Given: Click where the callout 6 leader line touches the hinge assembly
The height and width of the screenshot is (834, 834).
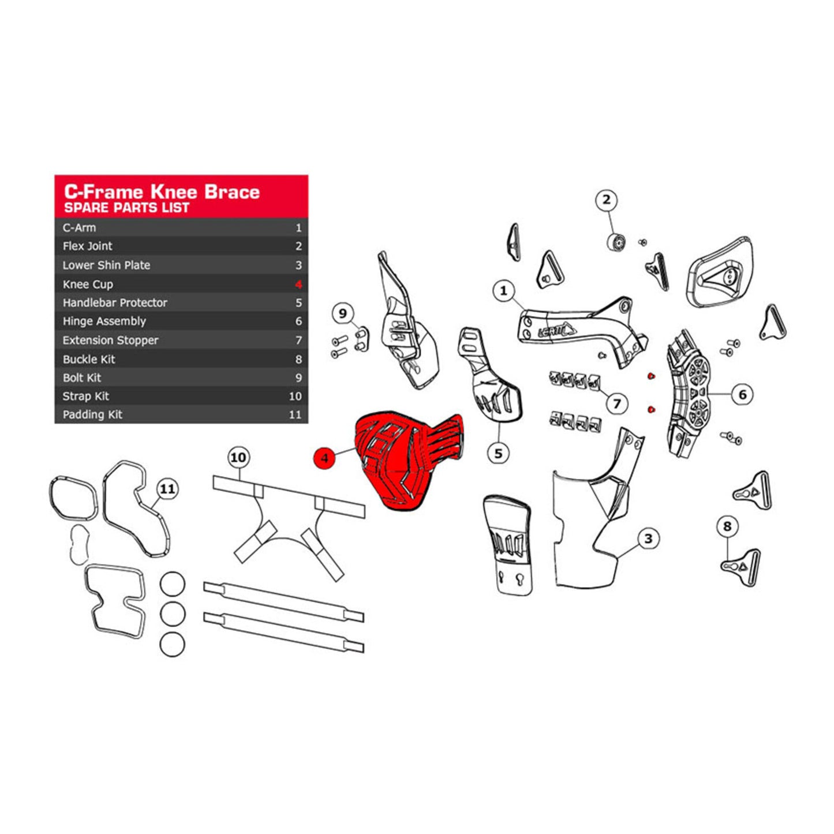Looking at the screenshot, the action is pos(708,394).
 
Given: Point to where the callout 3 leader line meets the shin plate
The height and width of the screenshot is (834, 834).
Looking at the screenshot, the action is pos(618,558).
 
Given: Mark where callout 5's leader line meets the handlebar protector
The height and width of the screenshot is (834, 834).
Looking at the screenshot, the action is pos(499,424).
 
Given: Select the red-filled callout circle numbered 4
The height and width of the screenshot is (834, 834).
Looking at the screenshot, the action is pos(324,458).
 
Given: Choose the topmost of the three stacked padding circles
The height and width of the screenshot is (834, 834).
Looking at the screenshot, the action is pos(172,584).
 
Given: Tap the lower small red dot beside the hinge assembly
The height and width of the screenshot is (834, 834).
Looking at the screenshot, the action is pos(650,409).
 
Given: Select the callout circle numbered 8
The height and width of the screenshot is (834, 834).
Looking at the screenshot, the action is pos(727,526).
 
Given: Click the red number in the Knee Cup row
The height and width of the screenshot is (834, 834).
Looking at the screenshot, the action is pos(298,285).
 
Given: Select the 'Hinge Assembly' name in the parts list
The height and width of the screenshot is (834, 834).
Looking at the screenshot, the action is pos(104,321).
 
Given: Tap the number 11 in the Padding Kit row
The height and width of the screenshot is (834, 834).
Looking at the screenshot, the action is pos(295,414).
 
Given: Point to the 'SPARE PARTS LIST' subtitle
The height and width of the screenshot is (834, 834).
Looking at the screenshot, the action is pos(127,208).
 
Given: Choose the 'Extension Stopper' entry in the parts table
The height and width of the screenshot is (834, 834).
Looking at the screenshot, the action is pos(111,340).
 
